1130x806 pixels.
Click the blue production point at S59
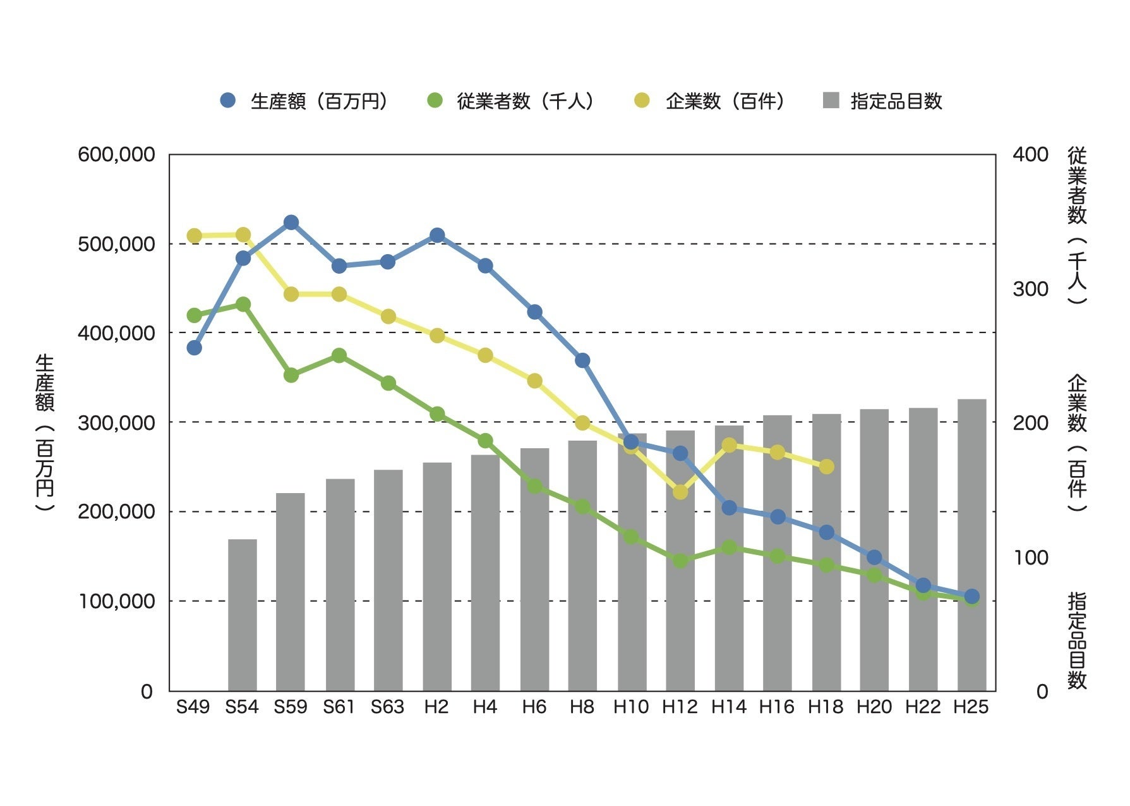291,223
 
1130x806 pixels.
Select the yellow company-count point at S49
195,236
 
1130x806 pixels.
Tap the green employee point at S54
243,305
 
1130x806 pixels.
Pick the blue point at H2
437,235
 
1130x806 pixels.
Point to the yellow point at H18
827,467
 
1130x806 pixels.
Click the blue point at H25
972,596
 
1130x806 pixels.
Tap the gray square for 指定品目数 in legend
831,101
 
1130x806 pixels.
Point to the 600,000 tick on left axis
116,154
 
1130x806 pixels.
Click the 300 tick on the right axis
1030,289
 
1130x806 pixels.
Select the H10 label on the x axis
631,707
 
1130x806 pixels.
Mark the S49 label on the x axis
193,707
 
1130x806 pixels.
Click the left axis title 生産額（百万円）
45,433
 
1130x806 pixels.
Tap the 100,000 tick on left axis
116,601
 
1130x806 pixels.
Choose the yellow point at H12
680,491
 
